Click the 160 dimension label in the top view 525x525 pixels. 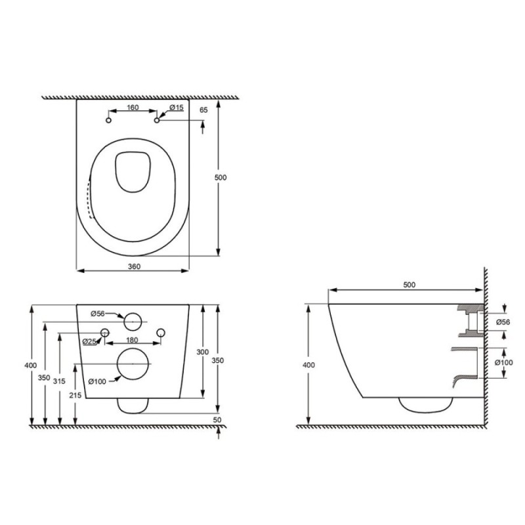(x=133, y=108)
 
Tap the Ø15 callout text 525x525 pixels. (x=177, y=108)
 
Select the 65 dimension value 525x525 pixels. (x=203, y=110)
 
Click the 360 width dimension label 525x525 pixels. (x=135, y=266)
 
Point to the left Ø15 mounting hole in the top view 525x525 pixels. (x=108, y=120)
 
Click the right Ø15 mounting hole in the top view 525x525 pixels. (x=157, y=120)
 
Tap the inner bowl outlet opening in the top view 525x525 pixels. (x=133, y=172)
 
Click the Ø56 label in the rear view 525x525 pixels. (x=98, y=314)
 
